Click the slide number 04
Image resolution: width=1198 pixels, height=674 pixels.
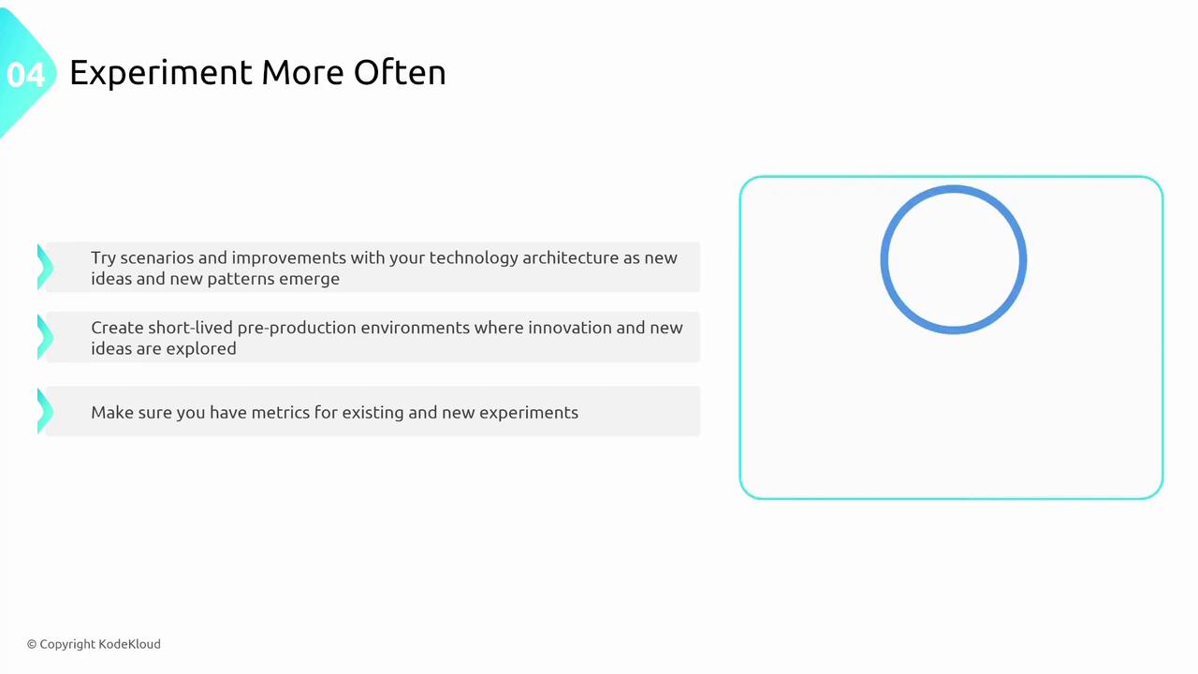coord(25,75)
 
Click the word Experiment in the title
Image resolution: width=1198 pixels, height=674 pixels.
coord(161,73)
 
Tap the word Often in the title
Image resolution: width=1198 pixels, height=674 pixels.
coord(400,72)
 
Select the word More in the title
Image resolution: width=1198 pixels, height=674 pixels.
coord(302,72)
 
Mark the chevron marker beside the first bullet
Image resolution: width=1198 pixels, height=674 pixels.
coord(45,267)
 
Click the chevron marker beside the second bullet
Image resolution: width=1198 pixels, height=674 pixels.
coord(45,337)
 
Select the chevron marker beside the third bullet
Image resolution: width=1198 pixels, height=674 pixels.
coord(45,411)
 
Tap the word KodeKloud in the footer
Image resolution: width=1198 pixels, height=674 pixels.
coord(129,644)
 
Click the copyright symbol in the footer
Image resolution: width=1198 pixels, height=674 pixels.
coord(32,645)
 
